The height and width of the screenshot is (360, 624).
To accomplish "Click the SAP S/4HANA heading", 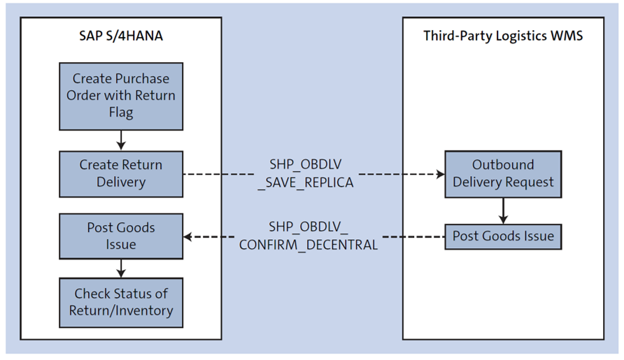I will (x=121, y=36).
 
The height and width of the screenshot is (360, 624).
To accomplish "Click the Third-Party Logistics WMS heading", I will (x=502, y=36).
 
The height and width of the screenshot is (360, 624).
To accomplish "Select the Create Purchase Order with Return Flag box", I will (x=121, y=95).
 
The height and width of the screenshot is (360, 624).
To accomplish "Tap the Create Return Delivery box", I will (x=121, y=173).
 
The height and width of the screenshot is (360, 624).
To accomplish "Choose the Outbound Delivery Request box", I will (x=502, y=173).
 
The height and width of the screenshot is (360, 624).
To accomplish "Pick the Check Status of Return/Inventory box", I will (x=121, y=302).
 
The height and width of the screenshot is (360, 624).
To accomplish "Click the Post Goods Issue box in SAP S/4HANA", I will (x=121, y=236).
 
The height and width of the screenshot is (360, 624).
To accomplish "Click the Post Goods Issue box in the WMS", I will (x=502, y=236).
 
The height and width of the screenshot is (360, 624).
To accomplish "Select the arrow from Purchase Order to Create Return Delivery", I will (x=121, y=141).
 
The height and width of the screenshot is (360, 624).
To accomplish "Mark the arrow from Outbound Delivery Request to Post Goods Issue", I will (x=502, y=210).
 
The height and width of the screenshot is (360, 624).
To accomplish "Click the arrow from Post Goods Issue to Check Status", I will (x=121, y=268).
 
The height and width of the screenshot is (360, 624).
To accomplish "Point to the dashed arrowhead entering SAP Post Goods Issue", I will (x=188, y=237).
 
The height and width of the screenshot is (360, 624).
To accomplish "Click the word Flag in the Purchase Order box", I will (x=121, y=113).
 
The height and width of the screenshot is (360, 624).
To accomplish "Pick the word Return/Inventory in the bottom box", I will (x=121, y=310).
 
